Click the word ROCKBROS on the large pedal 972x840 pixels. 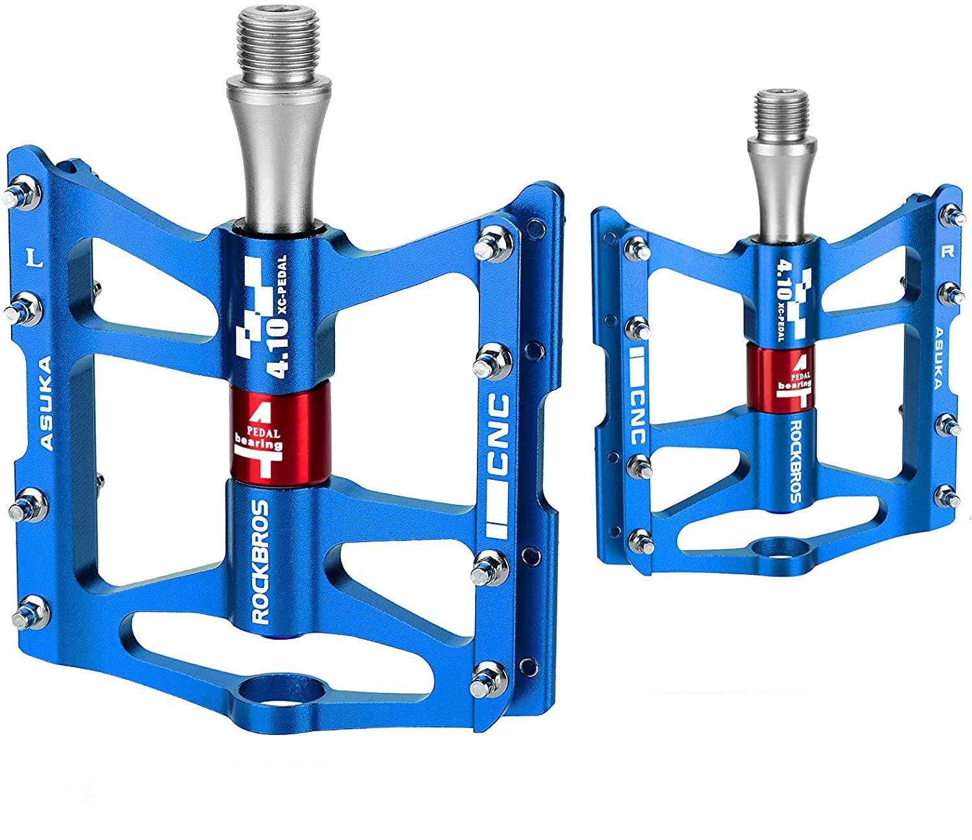pyautogui.click(x=260, y=562)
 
